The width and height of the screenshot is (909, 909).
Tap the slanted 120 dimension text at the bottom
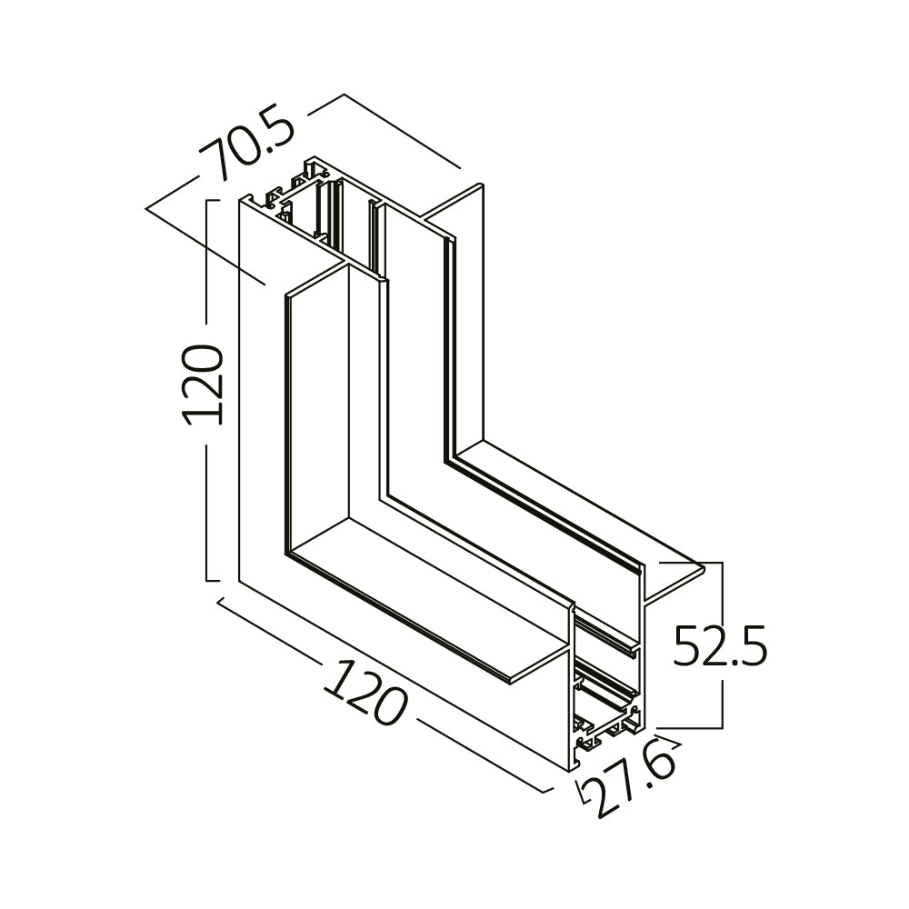[365, 692]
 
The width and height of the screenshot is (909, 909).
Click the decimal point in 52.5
[736, 664]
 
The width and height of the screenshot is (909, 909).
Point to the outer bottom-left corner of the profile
[240, 582]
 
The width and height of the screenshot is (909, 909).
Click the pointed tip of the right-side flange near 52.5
[704, 569]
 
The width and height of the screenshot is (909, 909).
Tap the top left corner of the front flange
[285, 295]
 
